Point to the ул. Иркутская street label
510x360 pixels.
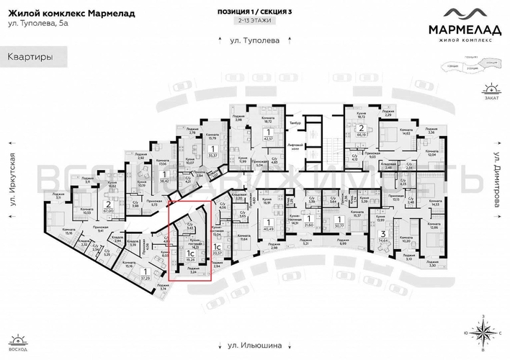click(12, 183)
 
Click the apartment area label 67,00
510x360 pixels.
click(109, 212)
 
